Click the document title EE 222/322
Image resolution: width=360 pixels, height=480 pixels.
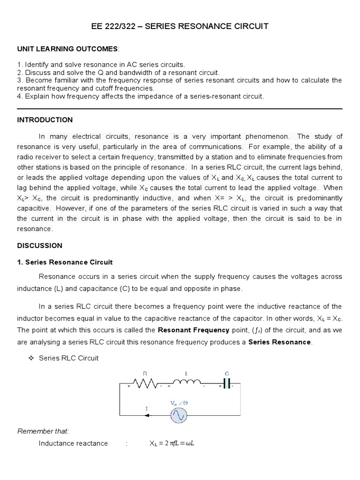pyautogui.click(x=180, y=26)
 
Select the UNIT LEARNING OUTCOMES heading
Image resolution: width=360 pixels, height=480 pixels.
pyautogui.click(x=68, y=49)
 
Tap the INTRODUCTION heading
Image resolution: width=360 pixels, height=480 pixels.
pyautogui.click(x=45, y=120)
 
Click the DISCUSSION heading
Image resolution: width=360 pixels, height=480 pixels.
pyautogui.click(x=40, y=246)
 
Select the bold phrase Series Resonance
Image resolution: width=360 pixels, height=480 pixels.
pyautogui.click(x=279, y=342)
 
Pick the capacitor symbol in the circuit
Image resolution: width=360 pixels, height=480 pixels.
pyautogui.click(x=227, y=383)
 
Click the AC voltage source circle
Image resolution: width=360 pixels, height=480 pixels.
pyautogui.click(x=179, y=415)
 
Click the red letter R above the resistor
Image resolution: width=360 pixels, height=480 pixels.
pyautogui.click(x=145, y=374)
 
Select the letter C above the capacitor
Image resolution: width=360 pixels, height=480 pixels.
pyautogui.click(x=227, y=374)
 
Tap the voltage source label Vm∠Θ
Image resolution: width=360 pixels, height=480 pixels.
pyautogui.click(x=179, y=403)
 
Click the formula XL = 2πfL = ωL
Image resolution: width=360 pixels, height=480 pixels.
pyautogui.click(x=171, y=443)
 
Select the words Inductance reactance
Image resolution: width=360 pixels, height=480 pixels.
pyautogui.click(x=73, y=443)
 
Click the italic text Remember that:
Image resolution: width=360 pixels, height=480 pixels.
pyautogui.click(x=36, y=431)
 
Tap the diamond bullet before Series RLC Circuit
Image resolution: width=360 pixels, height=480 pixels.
pyautogui.click(x=31, y=358)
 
